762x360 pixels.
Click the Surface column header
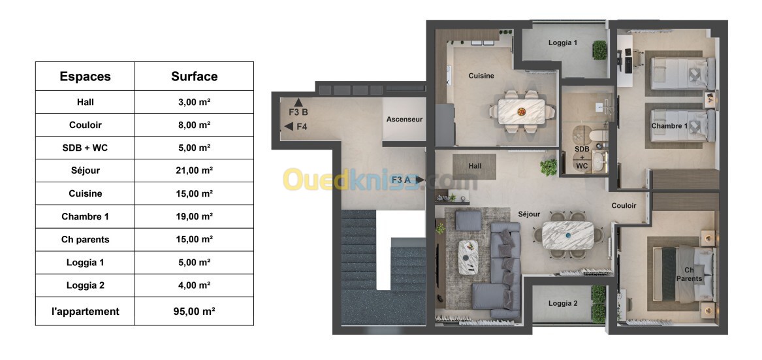[x=194, y=76]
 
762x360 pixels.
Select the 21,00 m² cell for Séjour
[x=194, y=171]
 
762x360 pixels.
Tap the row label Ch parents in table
[x=86, y=239]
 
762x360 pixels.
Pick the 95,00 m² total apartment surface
[x=194, y=311]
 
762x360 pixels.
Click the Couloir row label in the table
[x=86, y=125]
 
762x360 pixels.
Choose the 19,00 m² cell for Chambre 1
[x=194, y=216]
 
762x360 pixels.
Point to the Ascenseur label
[x=404, y=119]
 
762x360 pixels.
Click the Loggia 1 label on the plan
[x=563, y=42]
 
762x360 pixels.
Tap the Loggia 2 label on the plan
[x=563, y=303]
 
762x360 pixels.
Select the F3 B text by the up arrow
[x=298, y=112]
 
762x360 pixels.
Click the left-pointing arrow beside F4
[x=289, y=127]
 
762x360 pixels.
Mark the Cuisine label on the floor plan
[x=481, y=76]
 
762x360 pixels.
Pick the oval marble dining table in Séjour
[x=568, y=235]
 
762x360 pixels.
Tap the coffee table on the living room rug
[x=468, y=257]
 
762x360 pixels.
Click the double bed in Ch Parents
[x=684, y=273]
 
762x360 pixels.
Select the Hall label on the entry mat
[x=475, y=167]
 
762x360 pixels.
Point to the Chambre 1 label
[x=670, y=126]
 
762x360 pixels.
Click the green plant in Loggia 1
[x=599, y=50]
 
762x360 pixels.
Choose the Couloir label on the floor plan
[x=624, y=206]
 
